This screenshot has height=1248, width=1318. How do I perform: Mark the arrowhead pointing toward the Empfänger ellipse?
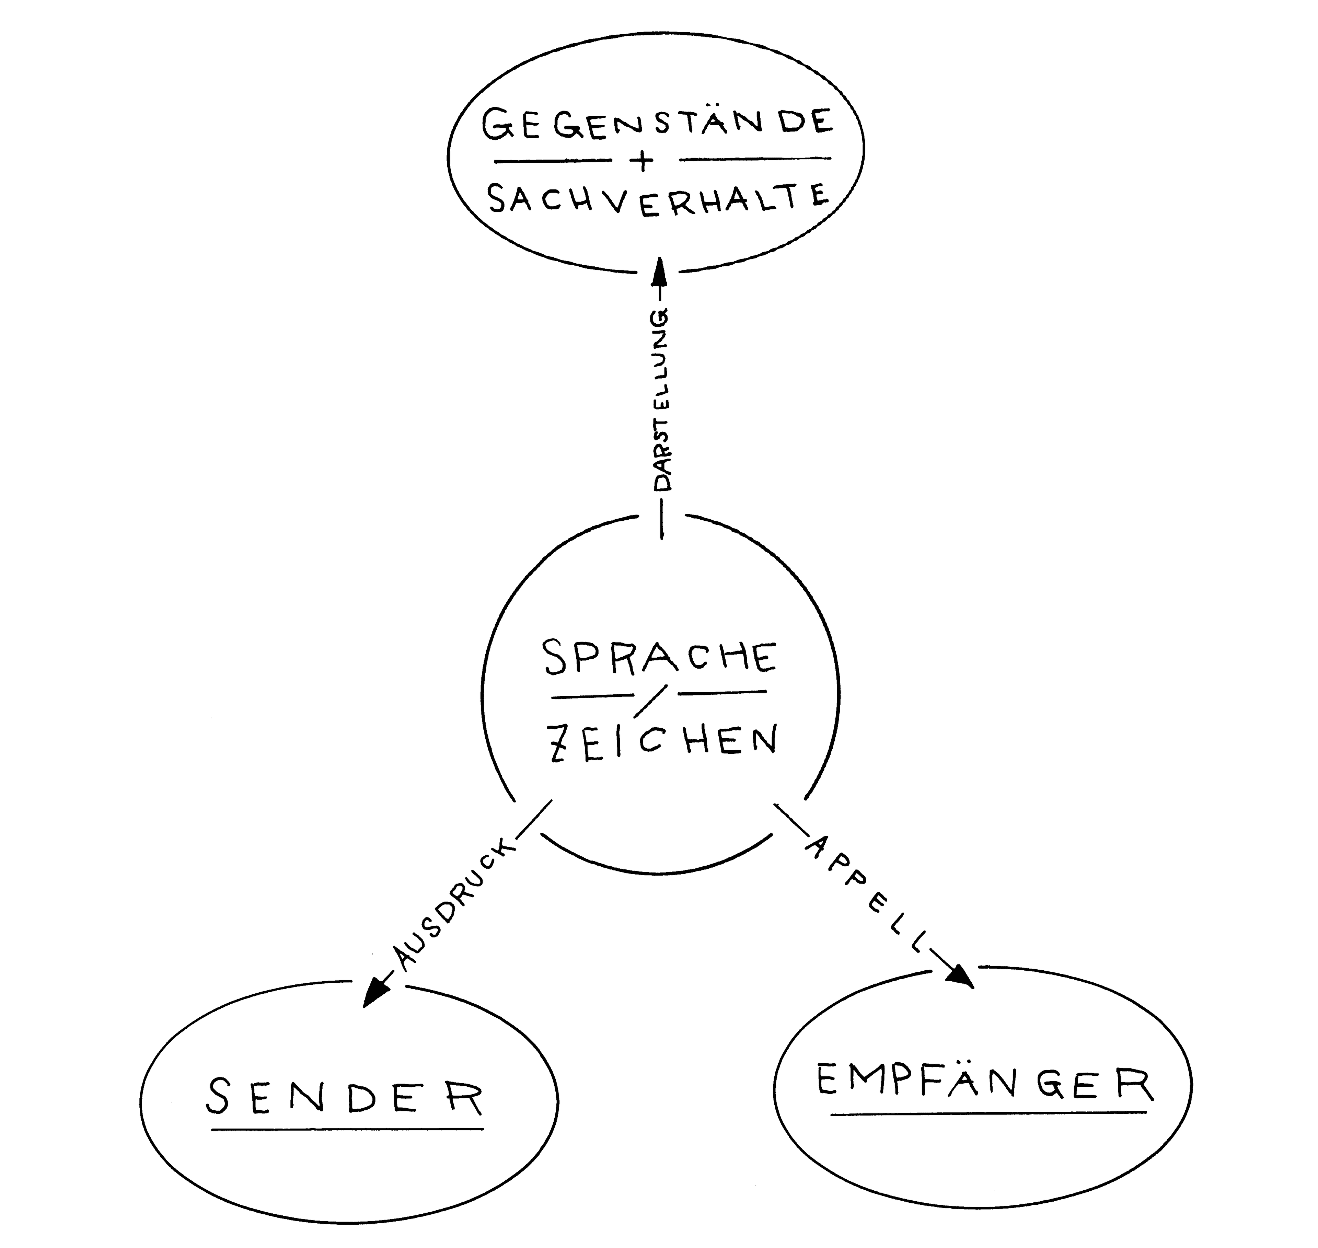click(961, 977)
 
